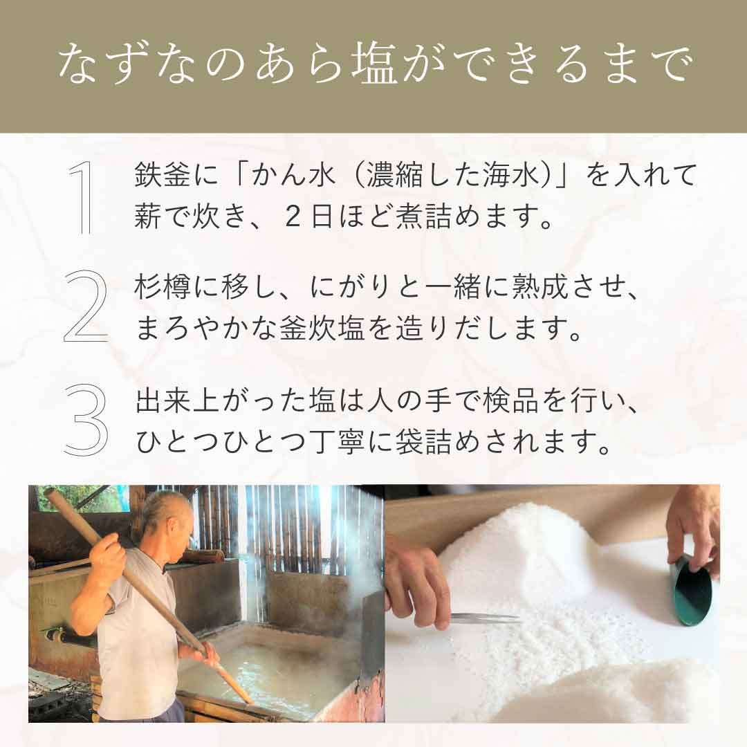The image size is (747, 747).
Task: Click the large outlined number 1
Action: [x=82, y=199]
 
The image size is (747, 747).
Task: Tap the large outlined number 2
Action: [x=86, y=306]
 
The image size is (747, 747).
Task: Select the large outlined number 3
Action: [x=86, y=418]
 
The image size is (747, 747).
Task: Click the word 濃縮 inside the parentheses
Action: [x=395, y=175]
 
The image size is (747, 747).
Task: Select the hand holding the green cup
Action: [x=694, y=529]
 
